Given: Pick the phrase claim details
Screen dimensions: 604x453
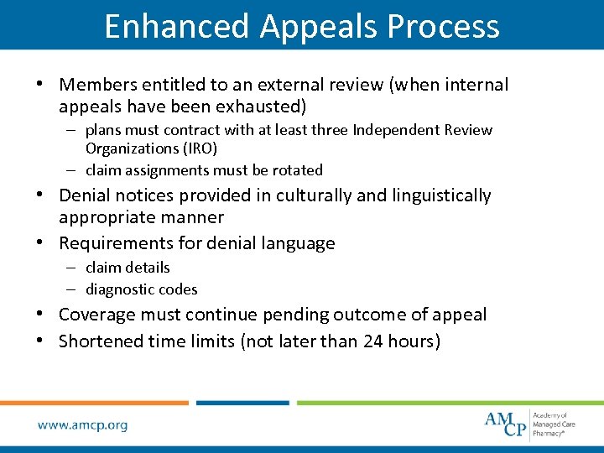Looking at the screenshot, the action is coord(128,268).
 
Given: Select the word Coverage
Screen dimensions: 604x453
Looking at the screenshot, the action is coord(97,315).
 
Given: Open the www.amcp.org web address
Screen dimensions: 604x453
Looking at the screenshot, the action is coord(82,424).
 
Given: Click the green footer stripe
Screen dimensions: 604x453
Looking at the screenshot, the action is coord(449,403).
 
